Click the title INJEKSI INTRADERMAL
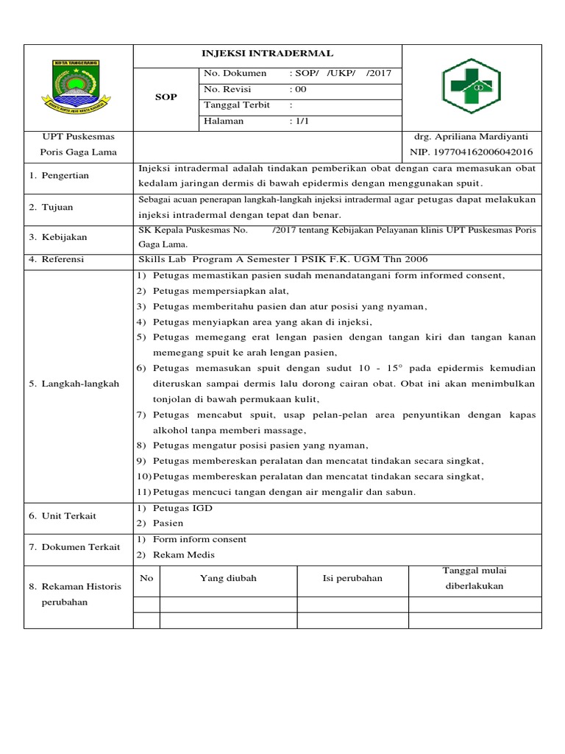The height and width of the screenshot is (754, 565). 267,54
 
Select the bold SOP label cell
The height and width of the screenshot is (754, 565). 166,97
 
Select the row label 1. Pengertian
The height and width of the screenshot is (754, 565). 59,176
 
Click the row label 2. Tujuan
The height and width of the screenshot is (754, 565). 51,208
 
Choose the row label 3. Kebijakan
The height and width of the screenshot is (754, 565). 58,237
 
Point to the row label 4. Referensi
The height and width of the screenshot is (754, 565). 57,259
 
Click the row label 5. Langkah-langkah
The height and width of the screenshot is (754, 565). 74,384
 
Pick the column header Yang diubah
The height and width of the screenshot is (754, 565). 228,579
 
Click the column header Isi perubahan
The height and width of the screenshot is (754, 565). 352,579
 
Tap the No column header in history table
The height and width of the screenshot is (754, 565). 146,579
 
